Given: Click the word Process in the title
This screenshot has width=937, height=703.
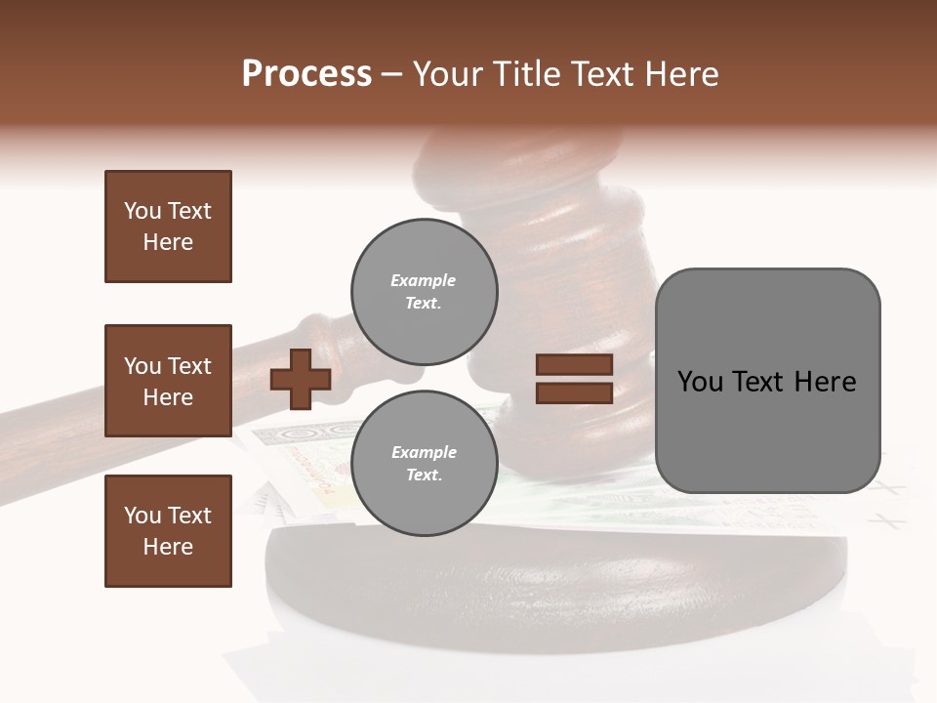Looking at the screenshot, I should [306, 74].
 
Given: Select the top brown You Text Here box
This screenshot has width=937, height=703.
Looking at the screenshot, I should [168, 227].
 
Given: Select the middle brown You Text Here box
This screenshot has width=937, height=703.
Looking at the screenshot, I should [168, 381].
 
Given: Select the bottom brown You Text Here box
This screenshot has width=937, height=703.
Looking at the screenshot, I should [168, 531].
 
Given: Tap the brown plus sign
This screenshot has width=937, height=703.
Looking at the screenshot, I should [301, 379].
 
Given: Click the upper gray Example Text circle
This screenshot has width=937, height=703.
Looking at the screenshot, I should [425, 292].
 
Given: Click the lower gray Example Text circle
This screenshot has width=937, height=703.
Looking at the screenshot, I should [425, 464].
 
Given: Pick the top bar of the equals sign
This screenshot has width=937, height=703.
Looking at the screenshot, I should [574, 365].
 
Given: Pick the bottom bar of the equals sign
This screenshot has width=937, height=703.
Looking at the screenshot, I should [574, 393].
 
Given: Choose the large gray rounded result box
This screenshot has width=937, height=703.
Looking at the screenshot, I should [767, 381].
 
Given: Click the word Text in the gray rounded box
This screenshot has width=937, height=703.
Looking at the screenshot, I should [765, 382].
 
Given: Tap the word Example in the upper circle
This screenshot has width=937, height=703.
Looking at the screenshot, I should [423, 280].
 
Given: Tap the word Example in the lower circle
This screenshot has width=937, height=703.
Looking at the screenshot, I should [424, 452].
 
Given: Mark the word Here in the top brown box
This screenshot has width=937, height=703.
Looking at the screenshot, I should [168, 242].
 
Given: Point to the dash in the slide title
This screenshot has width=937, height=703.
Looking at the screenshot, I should [391, 75].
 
